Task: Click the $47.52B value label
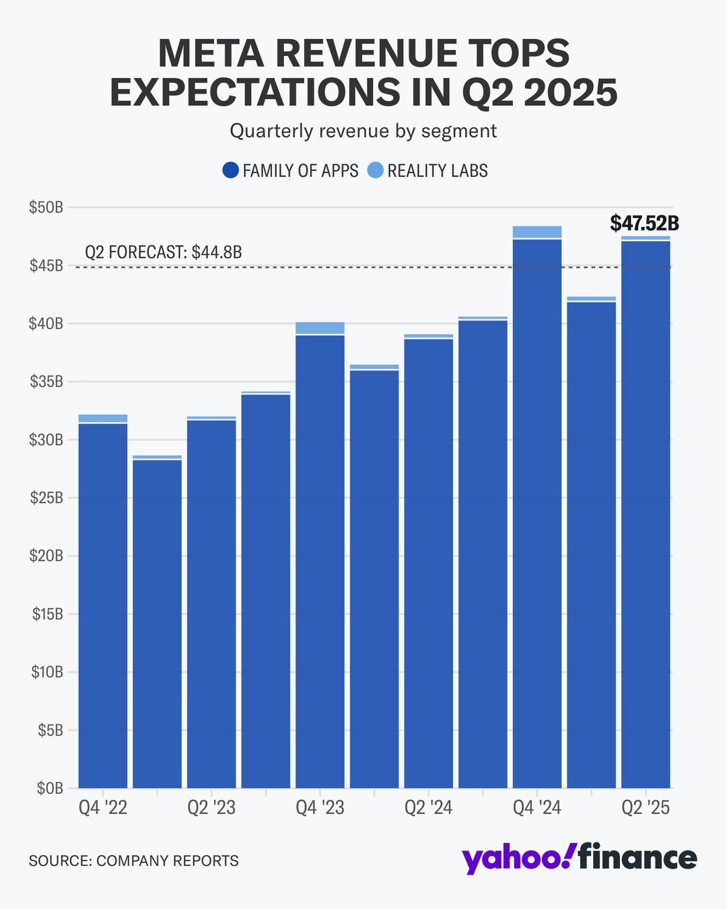[x=644, y=223]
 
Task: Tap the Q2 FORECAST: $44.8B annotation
[x=163, y=252]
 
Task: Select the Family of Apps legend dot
[x=230, y=170]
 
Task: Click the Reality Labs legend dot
[x=375, y=170]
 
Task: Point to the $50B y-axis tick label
[x=46, y=207]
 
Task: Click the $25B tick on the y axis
[x=46, y=498]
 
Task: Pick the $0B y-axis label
[x=49, y=788]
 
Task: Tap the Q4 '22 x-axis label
[x=103, y=808]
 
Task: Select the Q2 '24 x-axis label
[x=428, y=808]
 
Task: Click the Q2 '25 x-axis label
[x=646, y=808]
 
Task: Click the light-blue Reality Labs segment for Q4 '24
[x=537, y=232]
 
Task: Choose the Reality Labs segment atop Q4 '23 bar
[x=320, y=328]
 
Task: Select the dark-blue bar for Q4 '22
[x=103, y=606]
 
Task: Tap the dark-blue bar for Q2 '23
[x=211, y=606]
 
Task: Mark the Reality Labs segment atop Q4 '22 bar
[x=103, y=418]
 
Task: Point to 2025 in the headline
[x=570, y=92]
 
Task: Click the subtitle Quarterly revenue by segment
[x=363, y=131]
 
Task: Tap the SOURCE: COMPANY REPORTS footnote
[x=133, y=861]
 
